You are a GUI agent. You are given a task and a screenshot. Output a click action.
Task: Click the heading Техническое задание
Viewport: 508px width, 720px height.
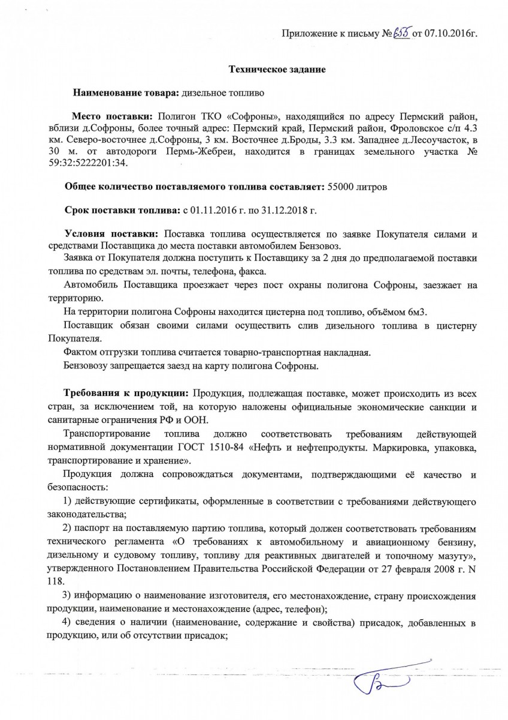point(278,70)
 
